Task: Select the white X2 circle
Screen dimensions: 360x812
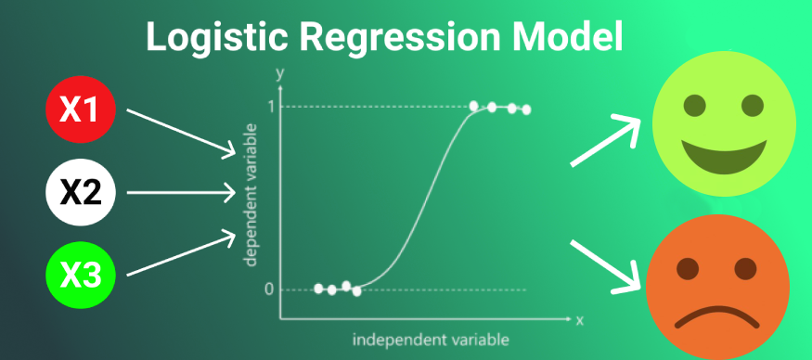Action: (80, 193)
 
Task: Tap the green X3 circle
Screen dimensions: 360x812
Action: (80, 275)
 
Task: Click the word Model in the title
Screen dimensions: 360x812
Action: (566, 38)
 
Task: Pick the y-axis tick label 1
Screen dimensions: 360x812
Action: (270, 107)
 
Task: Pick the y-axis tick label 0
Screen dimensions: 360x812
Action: (269, 289)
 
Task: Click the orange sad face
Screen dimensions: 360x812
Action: (715, 290)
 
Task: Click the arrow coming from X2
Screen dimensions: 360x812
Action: (180, 193)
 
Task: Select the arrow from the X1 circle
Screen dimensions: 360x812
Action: (180, 131)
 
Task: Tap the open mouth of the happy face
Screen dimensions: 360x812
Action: (724, 151)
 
